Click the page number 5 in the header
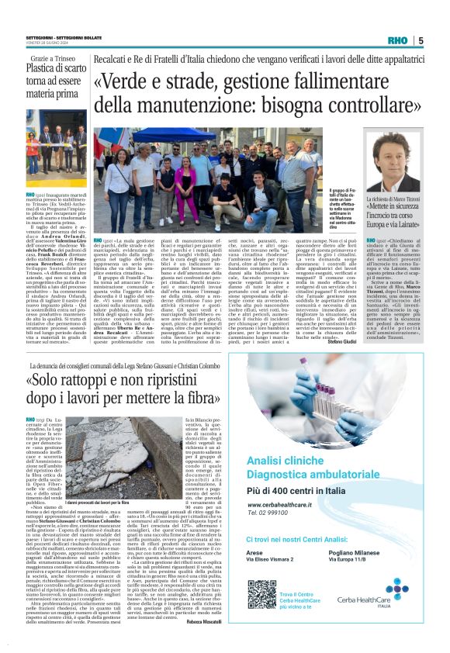421,40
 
